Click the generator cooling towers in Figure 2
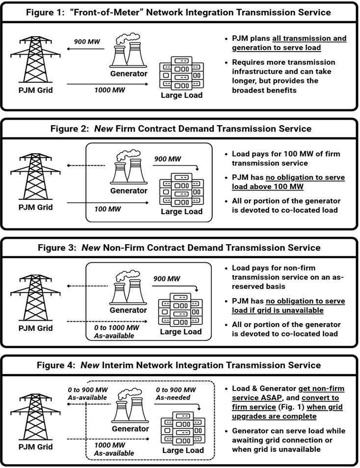tap(128, 165)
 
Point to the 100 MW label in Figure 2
tap(101, 210)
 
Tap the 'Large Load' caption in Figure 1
tap(181, 95)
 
